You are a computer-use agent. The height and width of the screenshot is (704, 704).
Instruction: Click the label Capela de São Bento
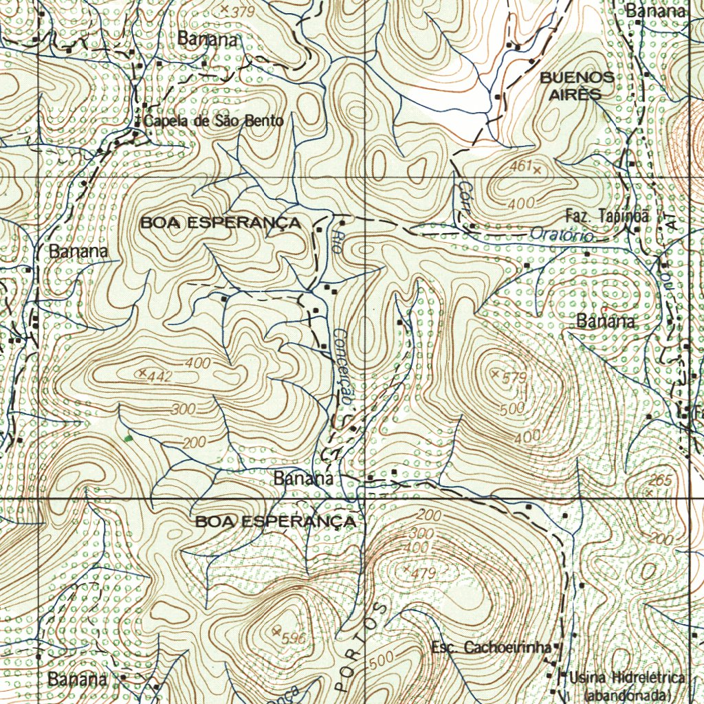(x=213, y=122)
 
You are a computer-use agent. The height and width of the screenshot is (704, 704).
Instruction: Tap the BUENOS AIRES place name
(x=577, y=86)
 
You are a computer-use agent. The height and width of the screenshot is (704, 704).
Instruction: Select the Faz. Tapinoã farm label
(x=607, y=215)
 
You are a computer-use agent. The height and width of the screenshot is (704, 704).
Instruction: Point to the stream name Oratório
(x=562, y=235)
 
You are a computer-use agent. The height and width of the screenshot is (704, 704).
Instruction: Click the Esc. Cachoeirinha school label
(x=491, y=648)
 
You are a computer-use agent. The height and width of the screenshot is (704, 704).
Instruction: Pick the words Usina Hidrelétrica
(x=628, y=679)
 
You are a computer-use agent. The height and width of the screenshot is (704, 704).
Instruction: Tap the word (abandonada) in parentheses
(x=625, y=695)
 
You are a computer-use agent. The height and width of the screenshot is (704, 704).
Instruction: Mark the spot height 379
(x=243, y=12)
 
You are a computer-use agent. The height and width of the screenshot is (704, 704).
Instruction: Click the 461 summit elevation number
(x=520, y=166)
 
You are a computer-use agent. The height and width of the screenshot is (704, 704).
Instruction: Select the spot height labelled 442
(x=160, y=376)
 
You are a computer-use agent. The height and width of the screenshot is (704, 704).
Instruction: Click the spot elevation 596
(x=293, y=637)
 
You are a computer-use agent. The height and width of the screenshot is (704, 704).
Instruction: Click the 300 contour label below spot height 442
(x=184, y=409)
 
